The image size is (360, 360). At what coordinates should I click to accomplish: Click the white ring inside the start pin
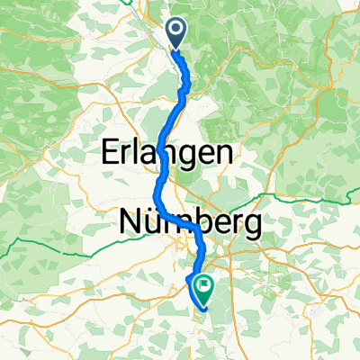click(174, 31)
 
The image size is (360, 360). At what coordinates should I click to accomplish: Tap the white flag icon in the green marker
click(204, 288)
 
